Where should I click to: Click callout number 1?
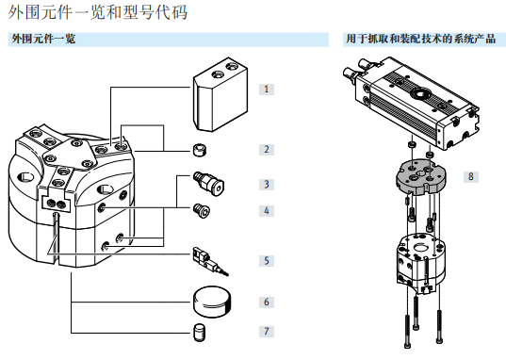(267, 90)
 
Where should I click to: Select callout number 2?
(267, 150)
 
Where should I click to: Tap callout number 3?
(267, 185)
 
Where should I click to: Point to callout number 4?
(267, 211)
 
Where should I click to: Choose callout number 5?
(267, 261)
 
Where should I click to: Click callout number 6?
(267, 303)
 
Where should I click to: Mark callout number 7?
(267, 332)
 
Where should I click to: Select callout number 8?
(471, 177)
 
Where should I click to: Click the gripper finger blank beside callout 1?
(220, 94)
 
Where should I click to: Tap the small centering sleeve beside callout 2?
(200, 150)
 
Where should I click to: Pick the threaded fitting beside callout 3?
(209, 183)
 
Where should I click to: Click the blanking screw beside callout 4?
(202, 211)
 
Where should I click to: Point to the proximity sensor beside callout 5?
(210, 261)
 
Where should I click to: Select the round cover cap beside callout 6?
(213, 302)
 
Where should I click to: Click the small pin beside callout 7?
(200, 333)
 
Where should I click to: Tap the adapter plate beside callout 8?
(421, 176)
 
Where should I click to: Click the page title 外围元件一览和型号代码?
(97, 12)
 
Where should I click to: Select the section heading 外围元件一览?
(43, 39)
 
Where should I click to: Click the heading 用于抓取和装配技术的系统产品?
(421, 39)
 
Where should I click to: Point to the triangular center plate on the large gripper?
(71, 154)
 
